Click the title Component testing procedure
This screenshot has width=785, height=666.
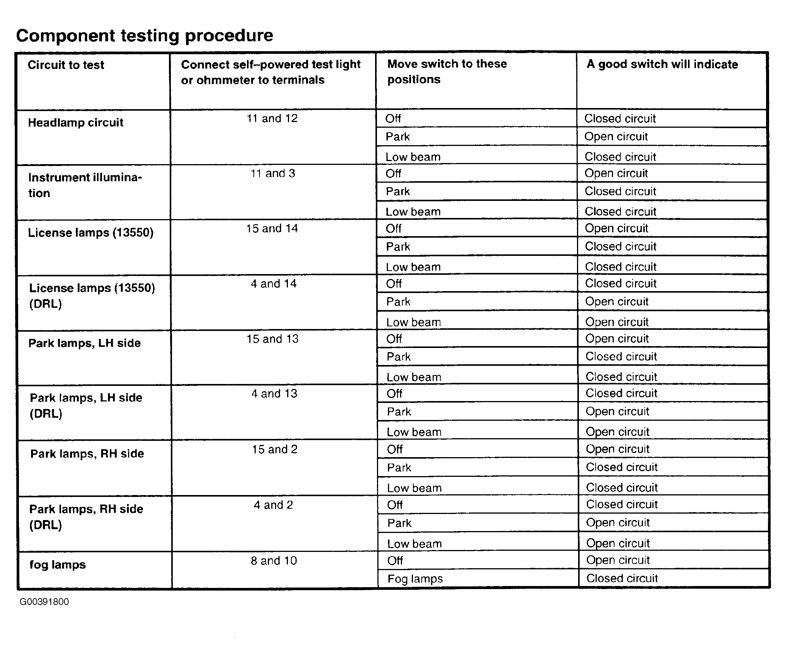[144, 36]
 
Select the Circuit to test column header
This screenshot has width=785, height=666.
[66, 65]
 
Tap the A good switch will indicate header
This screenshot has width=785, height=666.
[662, 64]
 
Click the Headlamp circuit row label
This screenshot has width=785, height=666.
[76, 122]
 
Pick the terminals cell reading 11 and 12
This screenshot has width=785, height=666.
[272, 118]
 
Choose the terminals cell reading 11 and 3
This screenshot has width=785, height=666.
[272, 173]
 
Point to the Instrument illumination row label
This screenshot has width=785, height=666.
[85, 185]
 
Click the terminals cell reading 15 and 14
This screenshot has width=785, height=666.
[272, 228]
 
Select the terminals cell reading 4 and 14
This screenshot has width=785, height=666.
[273, 284]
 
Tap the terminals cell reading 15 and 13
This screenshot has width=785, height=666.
[272, 338]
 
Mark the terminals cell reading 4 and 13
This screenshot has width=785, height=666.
[274, 393]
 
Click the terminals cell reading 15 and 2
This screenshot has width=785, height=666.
[275, 449]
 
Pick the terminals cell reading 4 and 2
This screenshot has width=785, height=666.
[273, 505]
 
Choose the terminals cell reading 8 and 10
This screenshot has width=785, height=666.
[274, 560]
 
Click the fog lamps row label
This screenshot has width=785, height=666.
[58, 564]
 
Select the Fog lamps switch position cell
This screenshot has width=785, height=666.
[415, 578]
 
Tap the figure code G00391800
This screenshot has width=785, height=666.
[44, 602]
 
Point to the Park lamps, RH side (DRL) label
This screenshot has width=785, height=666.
[86, 517]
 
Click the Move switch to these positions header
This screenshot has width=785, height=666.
[447, 71]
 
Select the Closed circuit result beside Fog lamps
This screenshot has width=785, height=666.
[622, 578]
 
